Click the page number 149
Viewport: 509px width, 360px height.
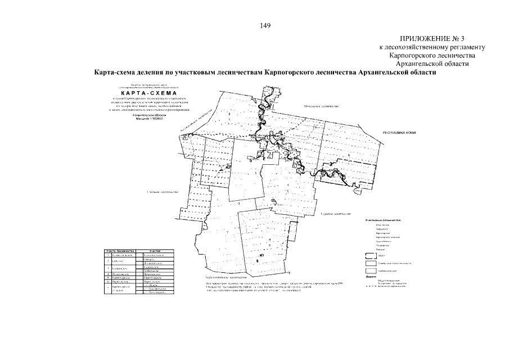[266, 25]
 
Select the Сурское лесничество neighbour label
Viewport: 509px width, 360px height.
[336, 214]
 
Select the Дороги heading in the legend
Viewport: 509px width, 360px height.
[371, 276]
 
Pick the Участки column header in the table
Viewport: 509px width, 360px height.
[155, 251]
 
